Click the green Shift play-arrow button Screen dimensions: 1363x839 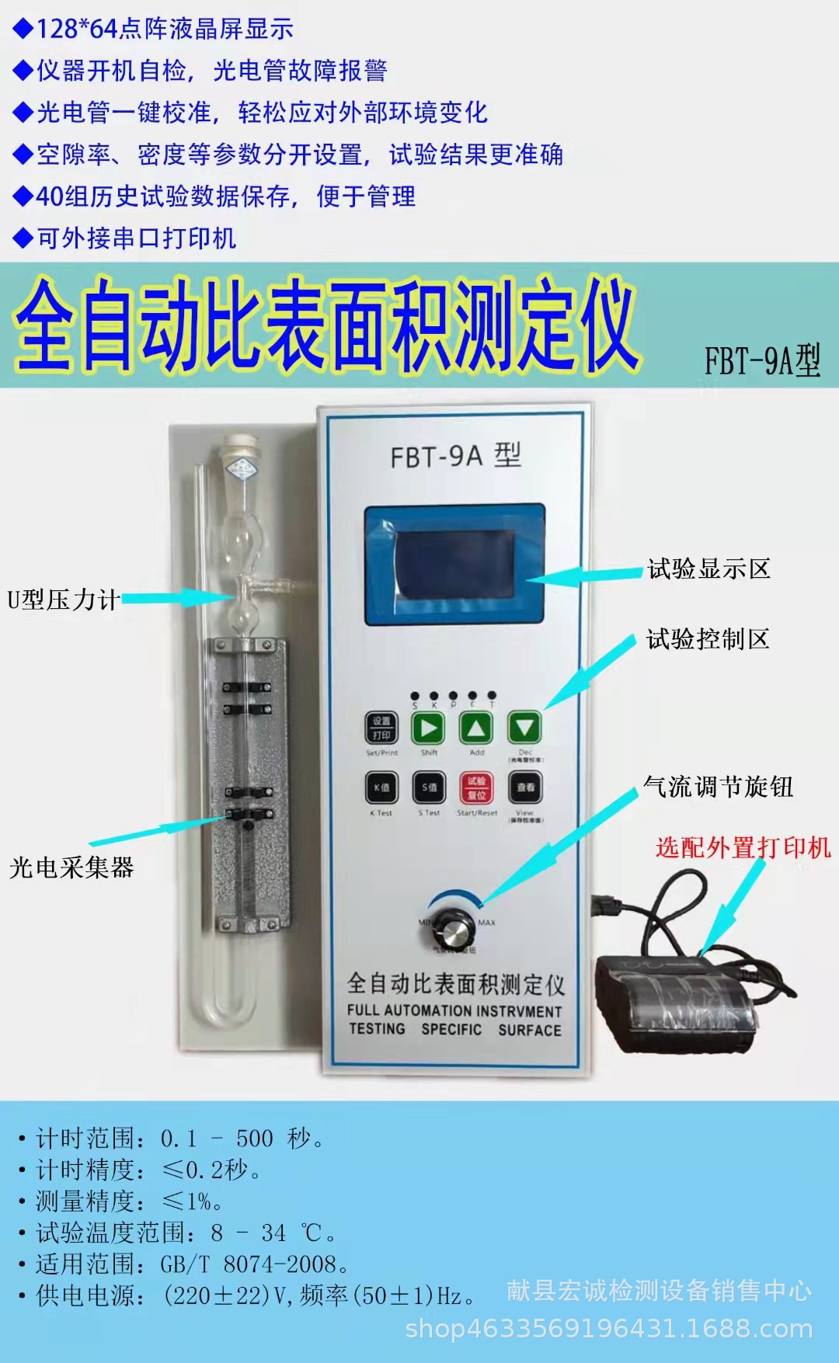pos(428,728)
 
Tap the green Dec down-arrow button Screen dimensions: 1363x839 pos(525,728)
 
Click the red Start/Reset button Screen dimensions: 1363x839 pos(477,788)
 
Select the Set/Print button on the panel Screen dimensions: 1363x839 pos(381,728)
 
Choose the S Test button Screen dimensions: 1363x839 pos(429,788)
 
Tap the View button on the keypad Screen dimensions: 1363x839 pos(526,788)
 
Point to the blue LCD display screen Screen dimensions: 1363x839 pos(454,565)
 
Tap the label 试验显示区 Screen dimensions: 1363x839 pos(708,569)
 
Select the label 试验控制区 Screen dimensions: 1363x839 pos(708,639)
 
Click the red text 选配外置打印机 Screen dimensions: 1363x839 pos(743,847)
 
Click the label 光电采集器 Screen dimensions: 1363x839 pos(71,868)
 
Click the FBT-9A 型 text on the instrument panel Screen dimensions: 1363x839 pos(455,456)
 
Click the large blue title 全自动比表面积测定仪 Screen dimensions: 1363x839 pos(326,325)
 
